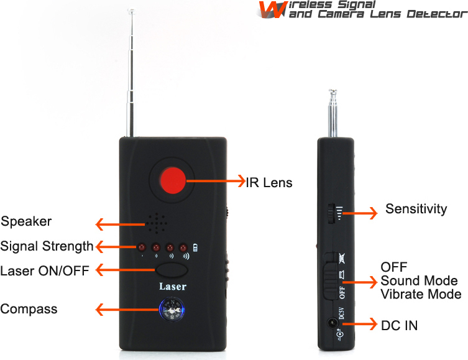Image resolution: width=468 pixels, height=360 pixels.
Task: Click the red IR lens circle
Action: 173,180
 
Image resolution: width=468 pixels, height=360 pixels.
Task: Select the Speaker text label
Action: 26,221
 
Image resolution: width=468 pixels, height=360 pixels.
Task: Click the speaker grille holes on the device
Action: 157,222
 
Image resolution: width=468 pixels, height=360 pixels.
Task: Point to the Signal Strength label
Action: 47,246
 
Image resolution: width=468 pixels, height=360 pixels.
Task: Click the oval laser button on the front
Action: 172,270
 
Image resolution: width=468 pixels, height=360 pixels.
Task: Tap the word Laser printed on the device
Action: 172,287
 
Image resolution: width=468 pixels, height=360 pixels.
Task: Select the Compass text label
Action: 29,309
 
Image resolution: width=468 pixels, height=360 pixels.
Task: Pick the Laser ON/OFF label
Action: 45,270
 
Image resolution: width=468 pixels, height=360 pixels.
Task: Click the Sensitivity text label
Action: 416,209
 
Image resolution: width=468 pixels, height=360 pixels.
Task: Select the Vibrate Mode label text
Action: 421,294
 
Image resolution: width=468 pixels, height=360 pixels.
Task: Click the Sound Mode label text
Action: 419,280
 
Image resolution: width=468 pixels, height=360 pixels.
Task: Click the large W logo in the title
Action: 269,9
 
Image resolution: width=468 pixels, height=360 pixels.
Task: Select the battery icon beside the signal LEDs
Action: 197,247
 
